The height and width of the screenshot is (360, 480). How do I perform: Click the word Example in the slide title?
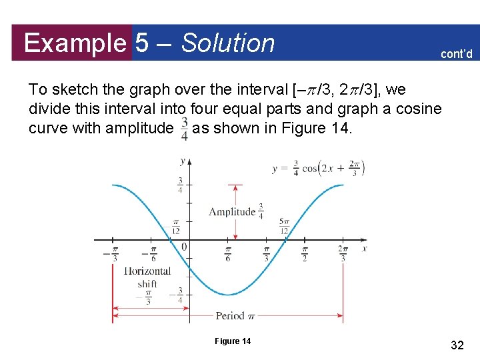(74, 43)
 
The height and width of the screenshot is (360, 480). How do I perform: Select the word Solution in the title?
(228, 43)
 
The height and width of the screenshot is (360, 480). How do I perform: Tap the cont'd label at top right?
(456, 54)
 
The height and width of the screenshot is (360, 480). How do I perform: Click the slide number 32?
(457, 345)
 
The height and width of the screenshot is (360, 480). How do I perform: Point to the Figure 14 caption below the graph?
(233, 341)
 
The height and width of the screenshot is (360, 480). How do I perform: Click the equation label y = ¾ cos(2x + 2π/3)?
(319, 168)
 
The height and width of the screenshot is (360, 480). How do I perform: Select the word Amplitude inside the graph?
(232, 211)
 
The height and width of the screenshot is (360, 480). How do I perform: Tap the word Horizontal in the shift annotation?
(147, 271)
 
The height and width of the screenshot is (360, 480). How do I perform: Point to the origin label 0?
(184, 248)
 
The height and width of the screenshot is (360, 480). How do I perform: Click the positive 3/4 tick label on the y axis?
(180, 185)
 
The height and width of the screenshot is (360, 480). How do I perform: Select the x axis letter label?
(365, 248)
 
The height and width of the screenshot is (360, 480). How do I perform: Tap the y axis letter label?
(183, 161)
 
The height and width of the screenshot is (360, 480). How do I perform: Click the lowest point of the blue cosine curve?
(229, 294)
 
